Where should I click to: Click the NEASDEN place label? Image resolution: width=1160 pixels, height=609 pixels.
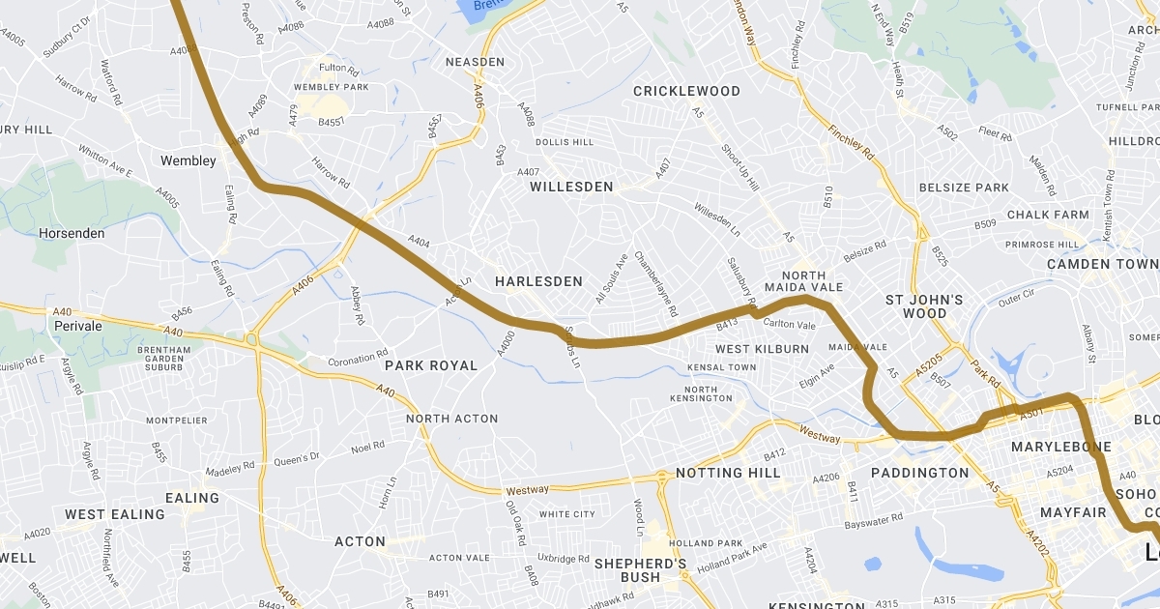[x=475, y=62]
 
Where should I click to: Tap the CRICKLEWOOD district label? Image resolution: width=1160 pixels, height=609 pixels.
[x=686, y=92]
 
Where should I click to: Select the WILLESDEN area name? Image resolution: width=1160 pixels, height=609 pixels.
[x=571, y=187]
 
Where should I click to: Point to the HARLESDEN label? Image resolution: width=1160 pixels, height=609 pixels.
[x=538, y=281]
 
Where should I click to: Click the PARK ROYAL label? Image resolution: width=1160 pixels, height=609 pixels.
[x=431, y=365]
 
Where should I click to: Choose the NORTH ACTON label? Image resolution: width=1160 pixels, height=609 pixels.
[x=451, y=419]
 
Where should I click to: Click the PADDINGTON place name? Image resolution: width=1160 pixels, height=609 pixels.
[x=919, y=473]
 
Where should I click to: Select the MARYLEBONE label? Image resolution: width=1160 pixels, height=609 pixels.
[x=1061, y=447]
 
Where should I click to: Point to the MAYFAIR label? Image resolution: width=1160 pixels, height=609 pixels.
[x=1072, y=511]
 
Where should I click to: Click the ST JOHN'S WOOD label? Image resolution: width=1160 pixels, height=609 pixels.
[x=924, y=306]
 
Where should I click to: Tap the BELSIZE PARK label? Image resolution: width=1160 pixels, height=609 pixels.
[x=964, y=188]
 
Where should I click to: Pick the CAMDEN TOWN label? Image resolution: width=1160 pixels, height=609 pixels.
[x=1102, y=264]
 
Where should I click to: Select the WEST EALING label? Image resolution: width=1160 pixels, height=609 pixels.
[x=115, y=514]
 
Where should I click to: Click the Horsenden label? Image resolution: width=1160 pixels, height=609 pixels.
[x=72, y=233]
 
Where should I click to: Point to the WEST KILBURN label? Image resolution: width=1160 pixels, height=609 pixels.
[x=762, y=348]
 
